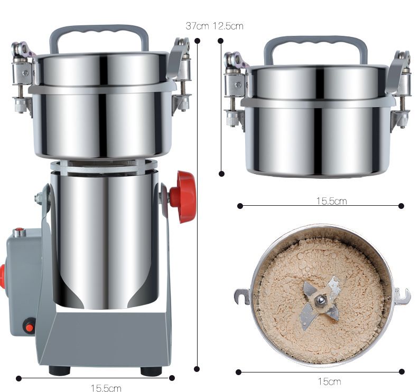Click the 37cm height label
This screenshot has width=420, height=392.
click(x=197, y=26)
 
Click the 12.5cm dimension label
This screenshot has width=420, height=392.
click(x=228, y=26)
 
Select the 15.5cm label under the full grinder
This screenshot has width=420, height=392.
click(x=106, y=388)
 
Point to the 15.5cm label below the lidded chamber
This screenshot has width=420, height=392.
click(x=332, y=200)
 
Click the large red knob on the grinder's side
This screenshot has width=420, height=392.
click(x=183, y=197)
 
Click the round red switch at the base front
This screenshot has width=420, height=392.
click(x=29, y=326)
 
